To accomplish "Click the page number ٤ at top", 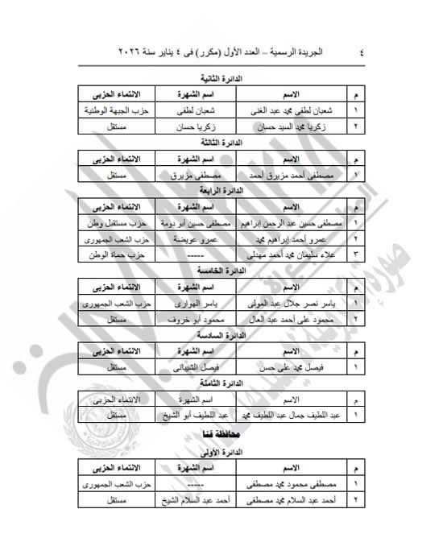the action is coord(360,49).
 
